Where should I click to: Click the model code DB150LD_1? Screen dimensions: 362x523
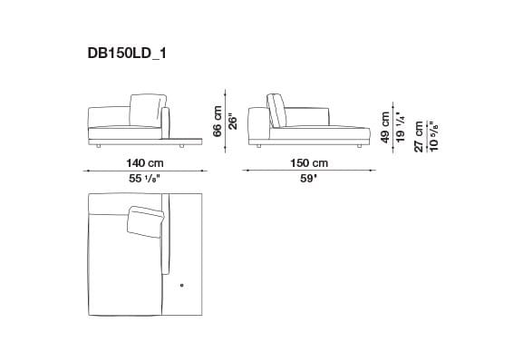click(126, 54)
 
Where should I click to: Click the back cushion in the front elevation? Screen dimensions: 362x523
click(146, 111)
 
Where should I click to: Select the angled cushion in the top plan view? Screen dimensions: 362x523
click(148, 221)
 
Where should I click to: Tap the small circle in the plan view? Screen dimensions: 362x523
click(181, 287)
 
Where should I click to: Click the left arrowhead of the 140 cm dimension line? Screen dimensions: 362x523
click(88, 170)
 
